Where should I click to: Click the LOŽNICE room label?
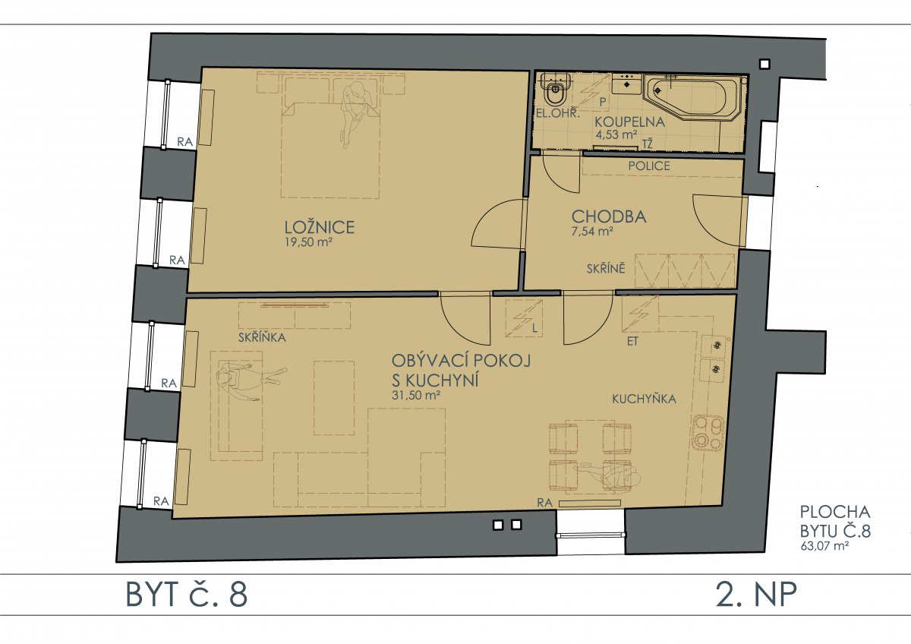[x=320, y=227]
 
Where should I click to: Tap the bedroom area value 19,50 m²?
[x=309, y=242]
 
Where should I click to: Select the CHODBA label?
[x=609, y=216]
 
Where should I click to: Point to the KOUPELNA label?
[x=629, y=122]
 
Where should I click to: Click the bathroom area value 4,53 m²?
[x=616, y=134]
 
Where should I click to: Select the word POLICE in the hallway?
[x=649, y=166]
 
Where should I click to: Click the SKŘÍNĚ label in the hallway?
[x=606, y=268]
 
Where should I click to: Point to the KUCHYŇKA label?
[x=645, y=399]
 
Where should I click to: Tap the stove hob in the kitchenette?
[x=708, y=432]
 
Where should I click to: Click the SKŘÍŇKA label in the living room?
[x=262, y=337]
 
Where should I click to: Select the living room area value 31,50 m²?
[x=416, y=395]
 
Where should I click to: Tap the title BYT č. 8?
[x=187, y=595]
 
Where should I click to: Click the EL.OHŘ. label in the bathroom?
[x=557, y=113]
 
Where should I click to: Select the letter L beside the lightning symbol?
[x=534, y=328]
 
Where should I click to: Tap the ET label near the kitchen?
[x=632, y=341]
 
